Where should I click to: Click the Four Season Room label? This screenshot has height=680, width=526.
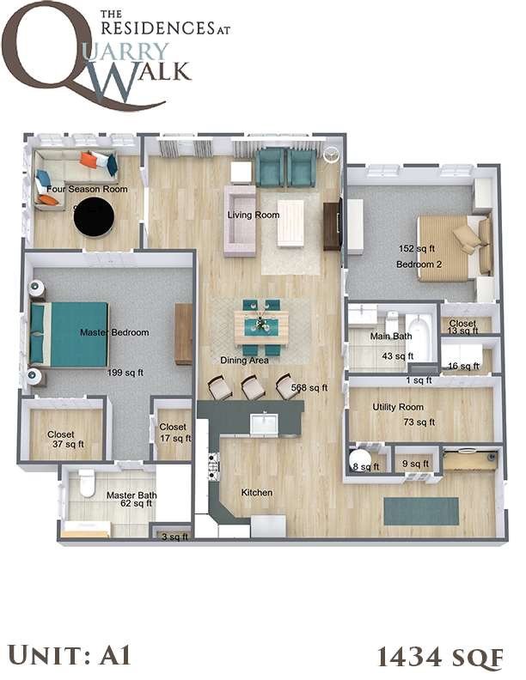pyautogui.click(x=87, y=189)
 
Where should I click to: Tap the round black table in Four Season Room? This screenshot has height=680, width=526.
pyautogui.click(x=94, y=217)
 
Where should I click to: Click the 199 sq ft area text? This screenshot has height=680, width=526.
pyautogui.click(x=125, y=373)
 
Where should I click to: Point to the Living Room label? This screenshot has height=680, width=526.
pyautogui.click(x=253, y=215)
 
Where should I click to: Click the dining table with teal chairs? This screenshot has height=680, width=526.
pyautogui.click(x=261, y=326)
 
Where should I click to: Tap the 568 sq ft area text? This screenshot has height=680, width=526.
pyautogui.click(x=310, y=387)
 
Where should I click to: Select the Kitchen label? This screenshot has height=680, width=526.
pyautogui.click(x=256, y=493)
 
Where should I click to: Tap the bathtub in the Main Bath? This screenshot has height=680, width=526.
pyautogui.click(x=421, y=338)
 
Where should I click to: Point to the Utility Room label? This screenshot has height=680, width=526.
pyautogui.click(x=398, y=406)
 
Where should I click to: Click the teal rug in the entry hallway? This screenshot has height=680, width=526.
pyautogui.click(x=421, y=511)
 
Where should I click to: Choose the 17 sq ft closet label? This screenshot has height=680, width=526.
pyautogui.click(x=173, y=432)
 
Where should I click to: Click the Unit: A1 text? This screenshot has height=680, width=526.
pyautogui.click(x=67, y=656)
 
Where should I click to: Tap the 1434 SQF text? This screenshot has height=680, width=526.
pyautogui.click(x=439, y=657)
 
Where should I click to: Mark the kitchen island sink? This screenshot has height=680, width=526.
pyautogui.click(x=263, y=422)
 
